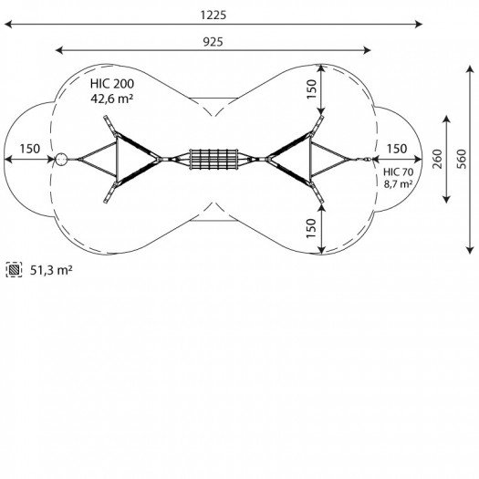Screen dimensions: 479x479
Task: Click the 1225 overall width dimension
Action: [213, 15]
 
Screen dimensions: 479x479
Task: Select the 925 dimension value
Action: [213, 42]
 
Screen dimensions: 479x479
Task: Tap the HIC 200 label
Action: [112, 84]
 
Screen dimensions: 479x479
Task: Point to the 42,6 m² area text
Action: [112, 99]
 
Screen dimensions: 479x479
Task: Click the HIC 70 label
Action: [399, 172]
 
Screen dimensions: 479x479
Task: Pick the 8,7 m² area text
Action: [399, 184]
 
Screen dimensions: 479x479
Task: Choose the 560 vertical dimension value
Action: [462, 159]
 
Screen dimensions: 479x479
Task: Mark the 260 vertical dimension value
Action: [437, 159]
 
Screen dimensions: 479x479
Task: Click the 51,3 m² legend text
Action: [51, 270]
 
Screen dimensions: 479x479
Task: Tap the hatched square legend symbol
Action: [14, 270]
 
